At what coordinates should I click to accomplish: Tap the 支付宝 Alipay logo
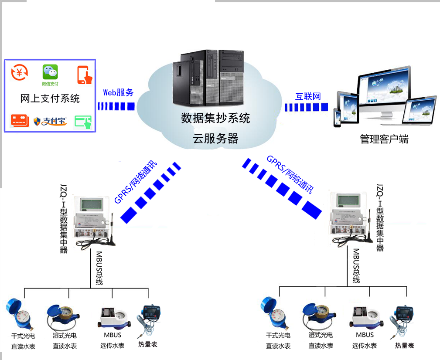[50, 121]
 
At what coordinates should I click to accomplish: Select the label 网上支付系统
[50, 98]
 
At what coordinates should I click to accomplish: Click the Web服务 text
[118, 92]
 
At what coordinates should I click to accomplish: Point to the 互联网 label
[308, 96]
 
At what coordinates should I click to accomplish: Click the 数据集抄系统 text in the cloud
[215, 118]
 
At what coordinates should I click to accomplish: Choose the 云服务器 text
[215, 139]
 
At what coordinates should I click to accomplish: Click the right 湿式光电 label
[321, 335]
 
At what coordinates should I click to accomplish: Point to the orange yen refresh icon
[20, 72]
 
